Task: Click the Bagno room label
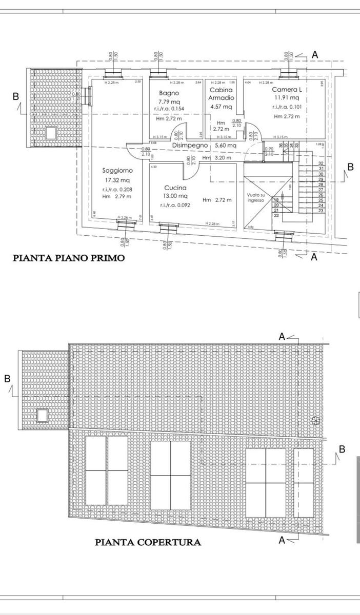coord(169,93)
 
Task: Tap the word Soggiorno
coord(117,170)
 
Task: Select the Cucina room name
coord(176,188)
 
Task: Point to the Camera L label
coord(287,89)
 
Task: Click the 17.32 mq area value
coord(117,180)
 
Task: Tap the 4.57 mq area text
coord(221,107)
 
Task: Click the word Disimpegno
coord(190,146)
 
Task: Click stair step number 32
coord(321,163)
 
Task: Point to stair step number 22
coord(276,215)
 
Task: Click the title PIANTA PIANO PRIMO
coord(69,258)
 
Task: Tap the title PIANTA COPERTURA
coord(148,542)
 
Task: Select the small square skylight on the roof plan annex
coord(43,415)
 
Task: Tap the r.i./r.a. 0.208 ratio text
coord(117,190)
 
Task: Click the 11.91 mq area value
coord(287,97)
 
